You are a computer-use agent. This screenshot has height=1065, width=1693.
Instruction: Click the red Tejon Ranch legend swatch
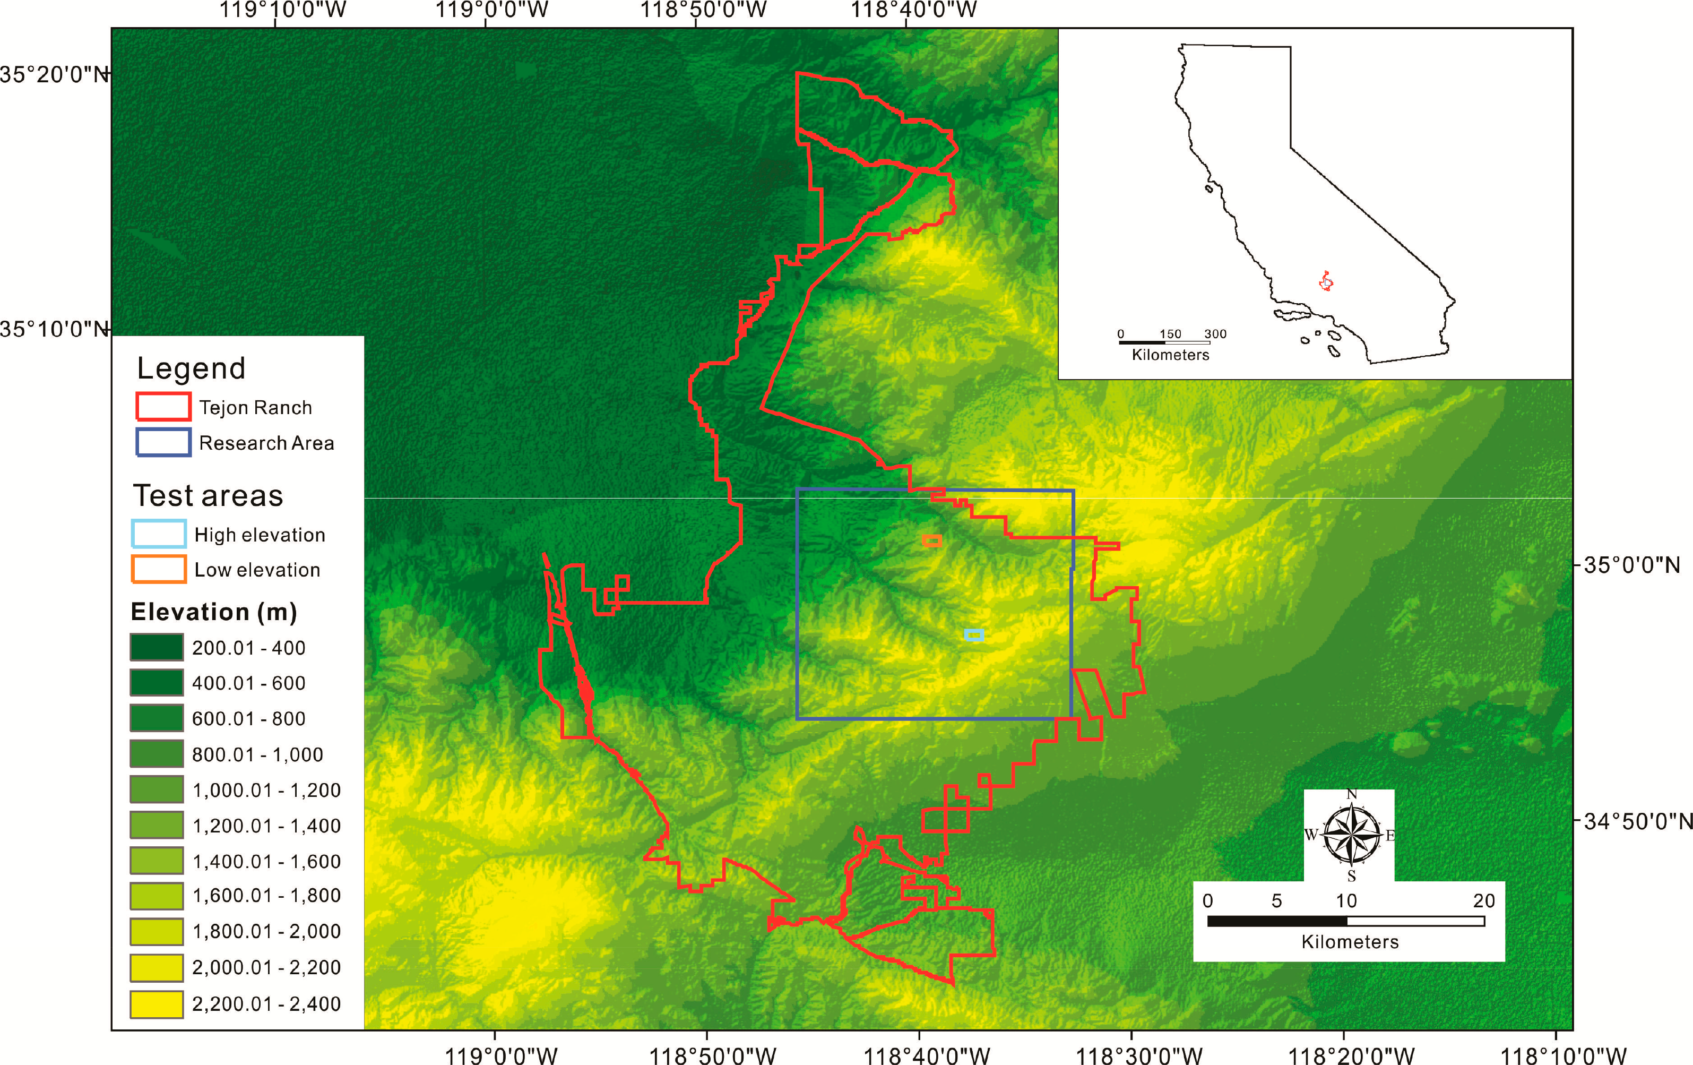click(x=163, y=407)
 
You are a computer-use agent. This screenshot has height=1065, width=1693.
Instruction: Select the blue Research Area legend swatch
click(x=163, y=442)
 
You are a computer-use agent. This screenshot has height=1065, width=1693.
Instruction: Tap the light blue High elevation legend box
click(x=159, y=534)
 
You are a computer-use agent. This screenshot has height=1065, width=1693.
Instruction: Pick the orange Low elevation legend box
click(x=159, y=569)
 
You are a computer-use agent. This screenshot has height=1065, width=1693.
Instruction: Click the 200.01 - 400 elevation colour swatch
click(x=157, y=647)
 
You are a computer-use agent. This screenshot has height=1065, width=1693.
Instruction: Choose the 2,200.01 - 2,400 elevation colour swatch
click(x=157, y=1004)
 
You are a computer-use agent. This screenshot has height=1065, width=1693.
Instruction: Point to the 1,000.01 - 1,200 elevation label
click(x=266, y=790)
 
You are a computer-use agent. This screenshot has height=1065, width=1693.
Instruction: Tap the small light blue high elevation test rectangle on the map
click(x=974, y=635)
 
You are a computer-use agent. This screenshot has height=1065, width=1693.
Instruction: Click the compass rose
click(x=1351, y=835)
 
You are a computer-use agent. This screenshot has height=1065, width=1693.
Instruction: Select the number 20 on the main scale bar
click(x=1483, y=900)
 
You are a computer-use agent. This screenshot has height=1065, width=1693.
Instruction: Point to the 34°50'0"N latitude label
click(x=1637, y=821)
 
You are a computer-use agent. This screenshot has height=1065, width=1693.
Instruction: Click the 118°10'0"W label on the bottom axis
click(x=1564, y=1055)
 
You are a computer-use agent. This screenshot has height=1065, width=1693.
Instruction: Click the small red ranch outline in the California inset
click(x=1326, y=281)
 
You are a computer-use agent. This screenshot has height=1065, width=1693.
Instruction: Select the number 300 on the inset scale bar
click(x=1215, y=333)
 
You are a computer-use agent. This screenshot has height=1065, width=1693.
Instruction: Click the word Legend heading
click(x=191, y=368)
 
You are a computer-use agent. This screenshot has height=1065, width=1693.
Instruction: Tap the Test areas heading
click(x=208, y=495)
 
